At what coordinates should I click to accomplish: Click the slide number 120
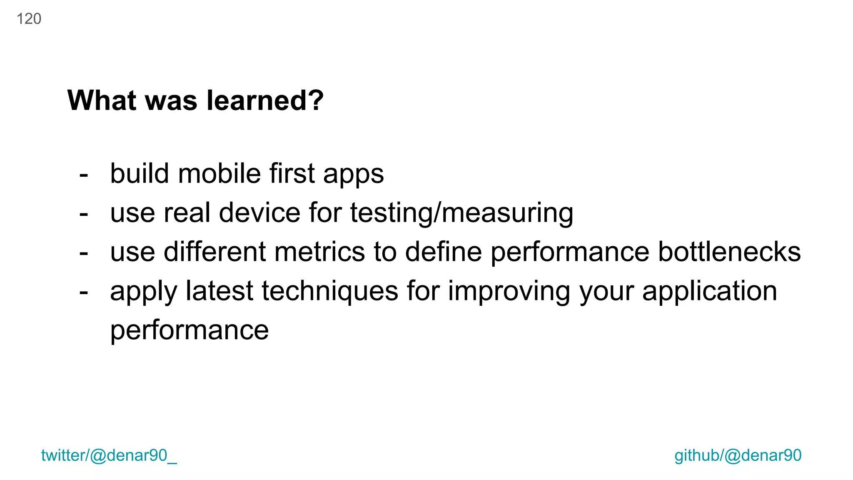tap(29, 19)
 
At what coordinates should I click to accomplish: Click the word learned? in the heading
tap(265, 100)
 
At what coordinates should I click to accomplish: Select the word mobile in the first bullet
tap(219, 173)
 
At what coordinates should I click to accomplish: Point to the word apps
tap(353, 174)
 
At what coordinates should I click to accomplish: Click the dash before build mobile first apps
tap(84, 175)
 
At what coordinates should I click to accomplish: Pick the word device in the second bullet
tap(259, 212)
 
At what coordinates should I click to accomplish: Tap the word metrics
tap(320, 252)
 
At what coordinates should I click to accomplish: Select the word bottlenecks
tap(729, 252)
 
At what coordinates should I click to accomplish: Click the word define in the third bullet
tap(443, 252)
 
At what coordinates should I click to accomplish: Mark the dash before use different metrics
tap(84, 253)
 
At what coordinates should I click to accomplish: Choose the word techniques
tap(330, 291)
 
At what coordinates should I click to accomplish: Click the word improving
tap(509, 291)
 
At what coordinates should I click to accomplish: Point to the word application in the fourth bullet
tap(709, 291)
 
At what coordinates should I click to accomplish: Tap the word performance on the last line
tap(189, 330)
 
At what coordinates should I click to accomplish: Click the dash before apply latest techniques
tap(84, 292)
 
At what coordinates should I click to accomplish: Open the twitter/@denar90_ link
tap(109, 455)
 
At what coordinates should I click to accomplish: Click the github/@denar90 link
tap(738, 455)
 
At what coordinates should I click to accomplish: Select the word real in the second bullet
tap(187, 212)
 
